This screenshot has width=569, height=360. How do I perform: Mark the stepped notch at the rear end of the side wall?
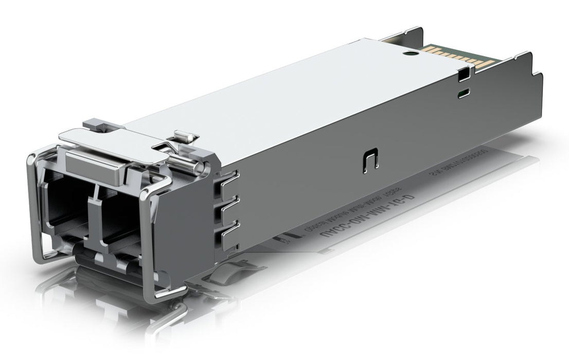(535, 77)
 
